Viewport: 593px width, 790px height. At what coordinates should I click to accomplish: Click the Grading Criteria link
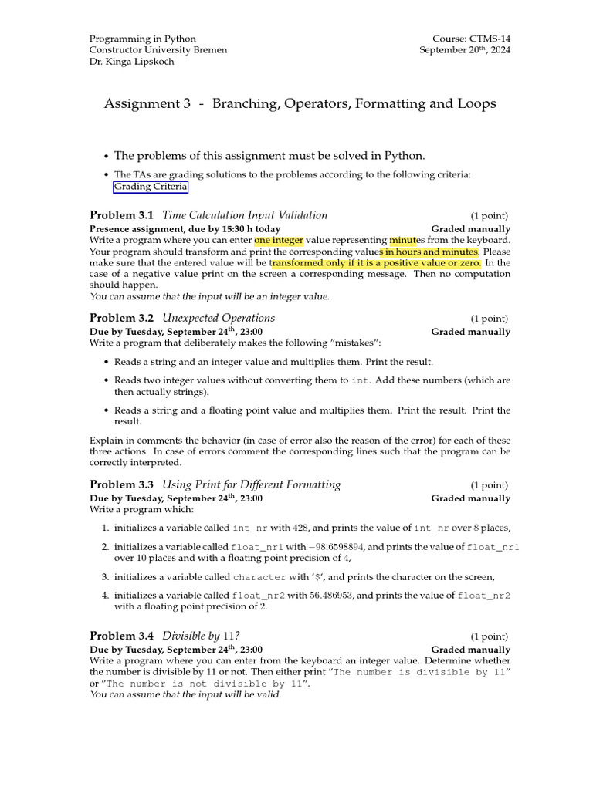(x=151, y=187)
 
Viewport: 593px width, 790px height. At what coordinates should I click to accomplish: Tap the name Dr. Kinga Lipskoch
(x=132, y=62)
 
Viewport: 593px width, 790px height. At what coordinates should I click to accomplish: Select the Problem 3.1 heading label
(x=121, y=215)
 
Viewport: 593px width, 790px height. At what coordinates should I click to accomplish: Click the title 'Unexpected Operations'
(x=219, y=318)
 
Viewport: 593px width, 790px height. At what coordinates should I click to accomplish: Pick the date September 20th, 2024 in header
(x=464, y=50)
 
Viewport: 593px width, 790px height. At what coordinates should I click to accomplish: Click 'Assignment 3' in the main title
(x=147, y=103)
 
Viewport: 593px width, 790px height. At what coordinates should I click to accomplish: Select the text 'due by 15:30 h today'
(x=233, y=229)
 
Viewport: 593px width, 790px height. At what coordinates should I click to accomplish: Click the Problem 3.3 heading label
(x=121, y=485)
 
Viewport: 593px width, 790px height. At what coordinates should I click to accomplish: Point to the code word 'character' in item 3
(x=259, y=577)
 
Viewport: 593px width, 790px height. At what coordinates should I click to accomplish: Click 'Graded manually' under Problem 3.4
(x=470, y=650)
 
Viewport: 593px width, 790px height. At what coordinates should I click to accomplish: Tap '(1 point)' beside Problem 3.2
(x=490, y=319)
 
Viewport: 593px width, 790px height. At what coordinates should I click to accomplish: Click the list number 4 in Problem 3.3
(x=105, y=596)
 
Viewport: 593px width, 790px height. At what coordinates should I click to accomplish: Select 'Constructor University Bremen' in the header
(x=158, y=50)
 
